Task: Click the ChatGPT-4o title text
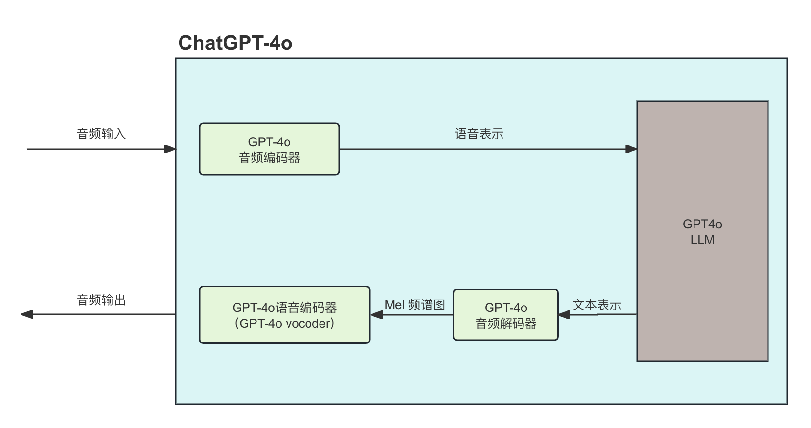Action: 235,43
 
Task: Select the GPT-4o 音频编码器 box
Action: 269,149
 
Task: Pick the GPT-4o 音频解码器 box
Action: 505,315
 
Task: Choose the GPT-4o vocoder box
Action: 284,315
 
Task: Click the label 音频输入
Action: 101,134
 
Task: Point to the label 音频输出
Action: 101,300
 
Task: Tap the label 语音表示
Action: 479,134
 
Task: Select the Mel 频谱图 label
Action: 415,305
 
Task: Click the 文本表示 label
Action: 597,305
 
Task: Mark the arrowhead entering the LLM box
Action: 631,149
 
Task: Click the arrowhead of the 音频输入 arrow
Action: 170,149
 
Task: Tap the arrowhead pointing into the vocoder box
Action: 377,315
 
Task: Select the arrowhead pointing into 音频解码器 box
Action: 564,315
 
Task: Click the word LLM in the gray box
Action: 702,240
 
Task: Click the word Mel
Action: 395,305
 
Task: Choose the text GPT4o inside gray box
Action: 702,224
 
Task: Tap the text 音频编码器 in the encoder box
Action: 269,158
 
